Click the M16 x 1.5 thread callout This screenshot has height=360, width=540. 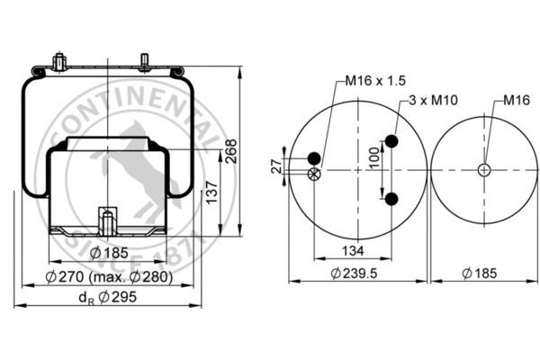coord(375,81)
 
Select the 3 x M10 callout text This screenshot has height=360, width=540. coord(434,100)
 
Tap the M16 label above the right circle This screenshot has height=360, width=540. coord(517,100)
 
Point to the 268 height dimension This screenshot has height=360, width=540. coord(231,151)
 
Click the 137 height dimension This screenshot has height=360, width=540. coord(211,193)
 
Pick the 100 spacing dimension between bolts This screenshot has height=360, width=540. coord(374,157)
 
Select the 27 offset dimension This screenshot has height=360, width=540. coord(276,166)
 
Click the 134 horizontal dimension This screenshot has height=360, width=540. coord(353,251)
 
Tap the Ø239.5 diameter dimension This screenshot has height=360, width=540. coord(354,274)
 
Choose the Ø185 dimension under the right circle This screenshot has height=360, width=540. coord(480,274)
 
